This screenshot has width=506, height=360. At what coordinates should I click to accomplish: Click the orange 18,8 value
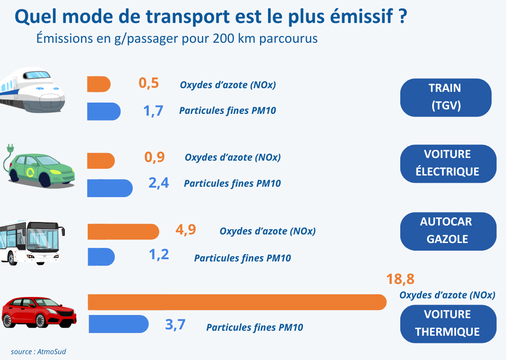(x=400, y=279)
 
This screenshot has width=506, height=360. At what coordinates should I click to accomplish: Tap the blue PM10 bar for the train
(x=104, y=112)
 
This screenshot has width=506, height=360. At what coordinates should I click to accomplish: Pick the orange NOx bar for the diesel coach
(x=123, y=231)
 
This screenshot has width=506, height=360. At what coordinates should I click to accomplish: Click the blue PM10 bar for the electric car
(x=110, y=188)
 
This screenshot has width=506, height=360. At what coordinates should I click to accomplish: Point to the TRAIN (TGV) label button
(x=445, y=97)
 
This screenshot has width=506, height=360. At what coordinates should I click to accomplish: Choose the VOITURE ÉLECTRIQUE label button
(x=448, y=163)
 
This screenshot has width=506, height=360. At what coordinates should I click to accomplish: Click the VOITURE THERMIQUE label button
(x=448, y=324)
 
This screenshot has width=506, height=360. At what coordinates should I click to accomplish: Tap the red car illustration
(x=39, y=312)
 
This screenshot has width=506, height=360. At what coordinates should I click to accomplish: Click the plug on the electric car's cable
(x=9, y=148)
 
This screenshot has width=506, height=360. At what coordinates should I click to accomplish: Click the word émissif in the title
(x=359, y=17)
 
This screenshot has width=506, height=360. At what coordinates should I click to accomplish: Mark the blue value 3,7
(x=175, y=324)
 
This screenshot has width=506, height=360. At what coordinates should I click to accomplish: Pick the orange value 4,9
(x=186, y=229)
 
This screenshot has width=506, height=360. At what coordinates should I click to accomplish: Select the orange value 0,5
(x=149, y=83)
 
